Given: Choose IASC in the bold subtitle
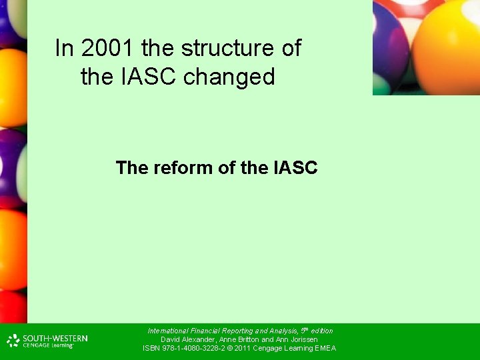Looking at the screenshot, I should (295, 167).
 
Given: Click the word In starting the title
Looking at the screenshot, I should (64, 48).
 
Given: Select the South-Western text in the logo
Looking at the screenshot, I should (55, 338).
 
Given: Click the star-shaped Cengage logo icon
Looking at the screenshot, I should (13, 341).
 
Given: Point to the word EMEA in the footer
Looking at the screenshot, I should (325, 348).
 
